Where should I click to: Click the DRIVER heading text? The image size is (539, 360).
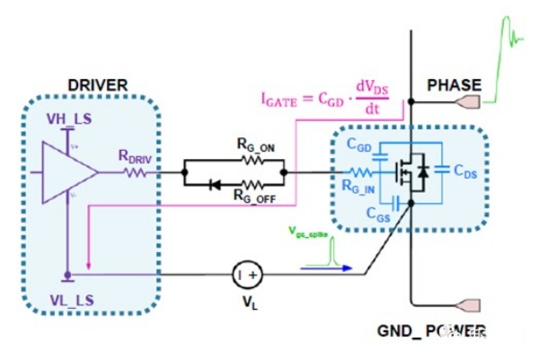click(97, 85)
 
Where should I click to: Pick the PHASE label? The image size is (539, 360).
click(454, 85)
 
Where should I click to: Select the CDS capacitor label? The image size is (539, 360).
click(464, 171)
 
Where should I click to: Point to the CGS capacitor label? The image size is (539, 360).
click(366, 213)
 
